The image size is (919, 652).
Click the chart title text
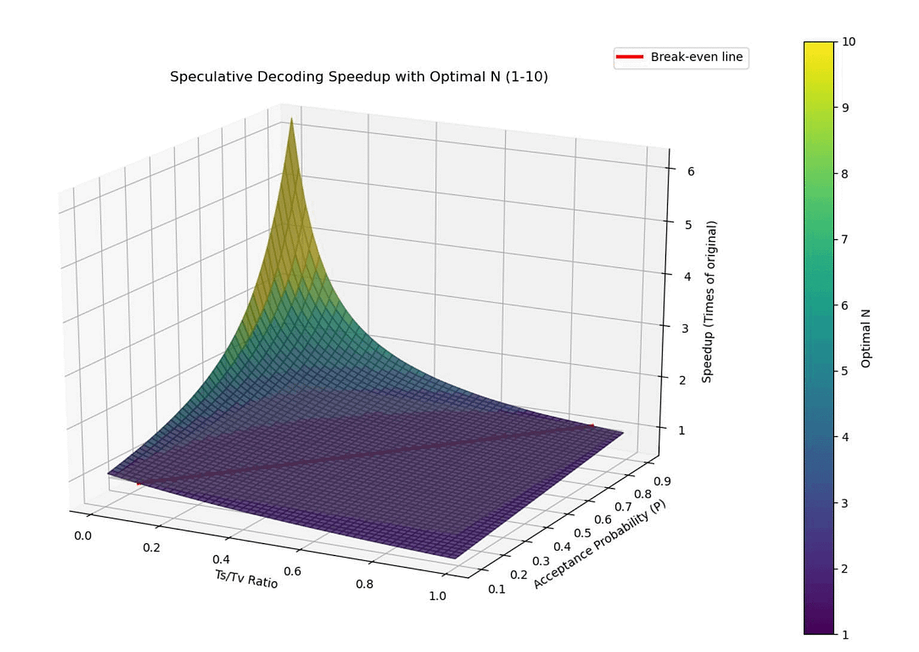pos(358,77)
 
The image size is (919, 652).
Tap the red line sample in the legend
pos(630,57)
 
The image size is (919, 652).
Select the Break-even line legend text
pos(696,57)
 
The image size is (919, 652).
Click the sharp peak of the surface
pos(291,120)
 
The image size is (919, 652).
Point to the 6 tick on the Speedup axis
pos(691,171)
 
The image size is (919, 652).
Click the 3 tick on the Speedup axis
pos(685,328)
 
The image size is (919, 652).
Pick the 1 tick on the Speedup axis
pos(681,431)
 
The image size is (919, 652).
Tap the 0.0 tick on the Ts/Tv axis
pos(83,536)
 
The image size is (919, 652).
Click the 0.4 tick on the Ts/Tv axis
pos(221,559)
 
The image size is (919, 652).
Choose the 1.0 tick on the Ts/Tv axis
pos(437,596)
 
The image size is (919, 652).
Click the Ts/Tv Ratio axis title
pos(246,578)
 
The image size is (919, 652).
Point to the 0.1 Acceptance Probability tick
pos(497,589)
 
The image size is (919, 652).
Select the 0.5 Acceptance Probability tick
pos(582,532)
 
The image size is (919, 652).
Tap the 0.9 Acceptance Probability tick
pos(662,481)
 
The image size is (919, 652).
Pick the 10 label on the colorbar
pos(848,42)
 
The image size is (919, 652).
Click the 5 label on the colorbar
pos(845,371)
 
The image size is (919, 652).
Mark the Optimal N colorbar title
pos(866,338)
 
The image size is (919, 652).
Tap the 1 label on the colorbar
pos(845,634)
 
